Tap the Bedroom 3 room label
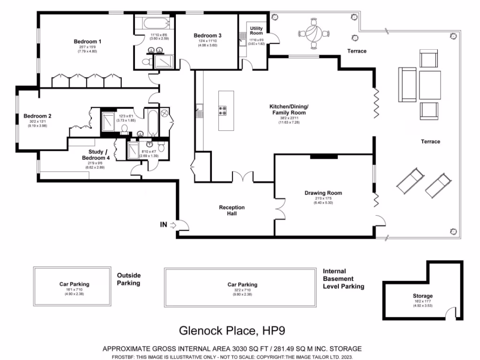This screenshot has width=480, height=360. click(x=207, y=36)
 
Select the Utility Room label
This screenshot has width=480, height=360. click(x=256, y=31)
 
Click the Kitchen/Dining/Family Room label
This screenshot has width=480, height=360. click(x=289, y=109)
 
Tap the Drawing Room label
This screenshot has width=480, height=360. click(x=323, y=193)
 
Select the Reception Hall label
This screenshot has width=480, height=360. click(x=232, y=210)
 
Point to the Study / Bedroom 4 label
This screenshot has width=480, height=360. click(x=99, y=155)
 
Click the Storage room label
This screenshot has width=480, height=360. click(x=423, y=296)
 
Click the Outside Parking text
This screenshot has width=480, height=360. click(x=128, y=279)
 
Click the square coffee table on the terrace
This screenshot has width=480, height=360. click(x=430, y=84)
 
